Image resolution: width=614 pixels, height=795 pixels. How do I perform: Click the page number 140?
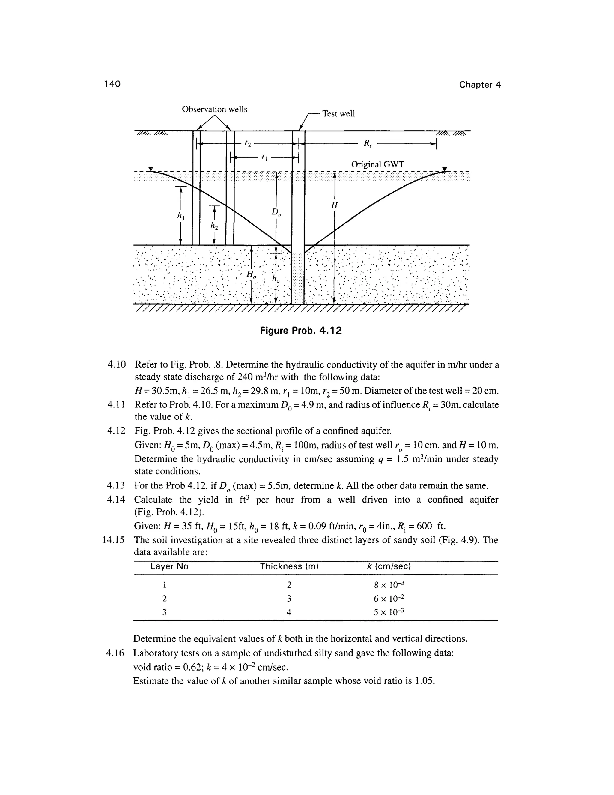tap(112, 84)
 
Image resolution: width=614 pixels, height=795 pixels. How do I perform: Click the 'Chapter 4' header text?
tap(480, 85)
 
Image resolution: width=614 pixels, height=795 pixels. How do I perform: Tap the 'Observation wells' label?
tap(215, 109)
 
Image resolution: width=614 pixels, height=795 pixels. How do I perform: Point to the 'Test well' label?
tap(338, 114)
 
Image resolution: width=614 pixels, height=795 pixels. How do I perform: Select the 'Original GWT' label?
tap(377, 164)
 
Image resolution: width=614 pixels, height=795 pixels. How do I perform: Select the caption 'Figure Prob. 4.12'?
tap(301, 331)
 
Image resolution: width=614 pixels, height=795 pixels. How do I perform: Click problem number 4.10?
tap(116, 365)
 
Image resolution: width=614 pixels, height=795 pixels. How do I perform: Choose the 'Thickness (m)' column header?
tap(289, 566)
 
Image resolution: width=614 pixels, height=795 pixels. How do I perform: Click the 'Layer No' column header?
tap(169, 566)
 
